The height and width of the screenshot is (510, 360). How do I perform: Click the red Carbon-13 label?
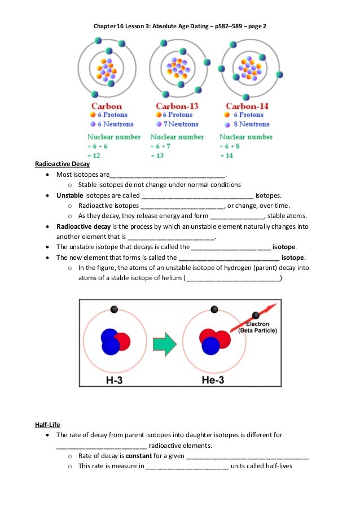pyautogui.click(x=176, y=106)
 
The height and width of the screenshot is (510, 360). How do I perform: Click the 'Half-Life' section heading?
pyautogui.click(x=47, y=424)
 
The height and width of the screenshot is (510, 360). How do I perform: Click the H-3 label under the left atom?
pyautogui.click(x=115, y=380)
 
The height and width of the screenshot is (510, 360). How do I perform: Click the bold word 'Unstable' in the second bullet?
pyautogui.click(x=69, y=195)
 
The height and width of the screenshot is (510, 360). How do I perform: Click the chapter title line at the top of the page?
pyautogui.click(x=179, y=26)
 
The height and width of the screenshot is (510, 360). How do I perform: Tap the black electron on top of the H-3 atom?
pyautogui.click(x=115, y=309)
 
